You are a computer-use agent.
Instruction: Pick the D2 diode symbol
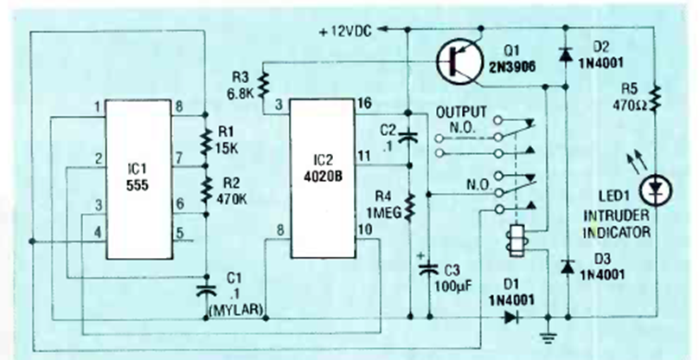[x=567, y=55]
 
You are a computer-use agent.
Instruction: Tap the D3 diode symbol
[x=567, y=267]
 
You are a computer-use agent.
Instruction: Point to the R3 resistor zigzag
[x=264, y=83]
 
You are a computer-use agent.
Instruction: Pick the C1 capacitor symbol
[x=206, y=283]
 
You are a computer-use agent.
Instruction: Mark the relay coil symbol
[x=516, y=238]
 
